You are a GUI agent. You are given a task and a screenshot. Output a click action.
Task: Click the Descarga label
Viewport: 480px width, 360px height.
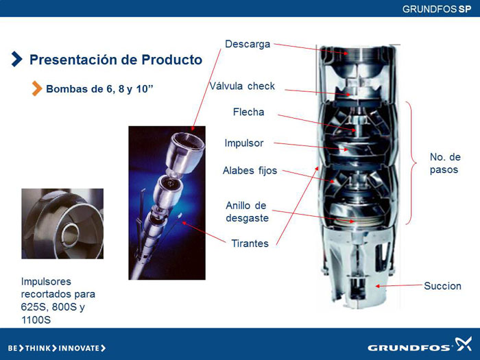coord(248,44)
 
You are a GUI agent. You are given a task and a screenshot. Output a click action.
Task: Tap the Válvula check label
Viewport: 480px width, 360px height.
coord(242,86)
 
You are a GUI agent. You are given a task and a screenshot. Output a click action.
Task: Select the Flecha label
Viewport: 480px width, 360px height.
coord(248,112)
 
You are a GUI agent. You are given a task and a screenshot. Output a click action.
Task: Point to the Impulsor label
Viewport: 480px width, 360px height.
coord(243,143)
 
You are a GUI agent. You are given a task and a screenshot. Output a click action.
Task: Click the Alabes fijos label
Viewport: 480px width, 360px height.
coord(250,171)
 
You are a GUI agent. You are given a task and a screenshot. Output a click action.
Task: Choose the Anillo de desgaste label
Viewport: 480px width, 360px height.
coord(247,211)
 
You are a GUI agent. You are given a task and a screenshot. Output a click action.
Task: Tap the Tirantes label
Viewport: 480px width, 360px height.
coord(250,243)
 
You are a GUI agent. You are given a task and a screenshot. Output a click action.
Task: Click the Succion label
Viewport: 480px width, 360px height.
coord(442,286)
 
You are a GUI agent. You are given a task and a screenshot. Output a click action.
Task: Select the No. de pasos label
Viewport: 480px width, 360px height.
coord(445,163)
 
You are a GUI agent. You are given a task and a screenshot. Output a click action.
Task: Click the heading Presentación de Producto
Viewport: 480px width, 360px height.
coord(116,60)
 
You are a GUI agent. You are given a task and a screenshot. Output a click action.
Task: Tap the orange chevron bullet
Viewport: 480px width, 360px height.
coord(37,88)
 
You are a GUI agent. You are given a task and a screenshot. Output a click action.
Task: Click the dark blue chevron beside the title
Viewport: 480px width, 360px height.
coord(17,59)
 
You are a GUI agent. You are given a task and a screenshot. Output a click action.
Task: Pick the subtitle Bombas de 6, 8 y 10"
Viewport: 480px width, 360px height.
coord(99,89)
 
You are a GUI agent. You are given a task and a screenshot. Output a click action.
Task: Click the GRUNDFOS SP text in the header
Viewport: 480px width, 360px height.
coord(437,9)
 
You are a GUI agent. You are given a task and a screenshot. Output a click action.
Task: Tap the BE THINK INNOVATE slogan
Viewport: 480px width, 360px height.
coord(57,348)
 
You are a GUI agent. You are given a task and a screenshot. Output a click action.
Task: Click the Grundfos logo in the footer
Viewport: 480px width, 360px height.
coord(420,346)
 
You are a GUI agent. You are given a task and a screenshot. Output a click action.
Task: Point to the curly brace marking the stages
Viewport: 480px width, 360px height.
coord(411,163)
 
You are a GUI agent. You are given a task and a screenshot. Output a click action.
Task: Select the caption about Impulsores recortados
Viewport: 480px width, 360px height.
coord(58,300)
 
